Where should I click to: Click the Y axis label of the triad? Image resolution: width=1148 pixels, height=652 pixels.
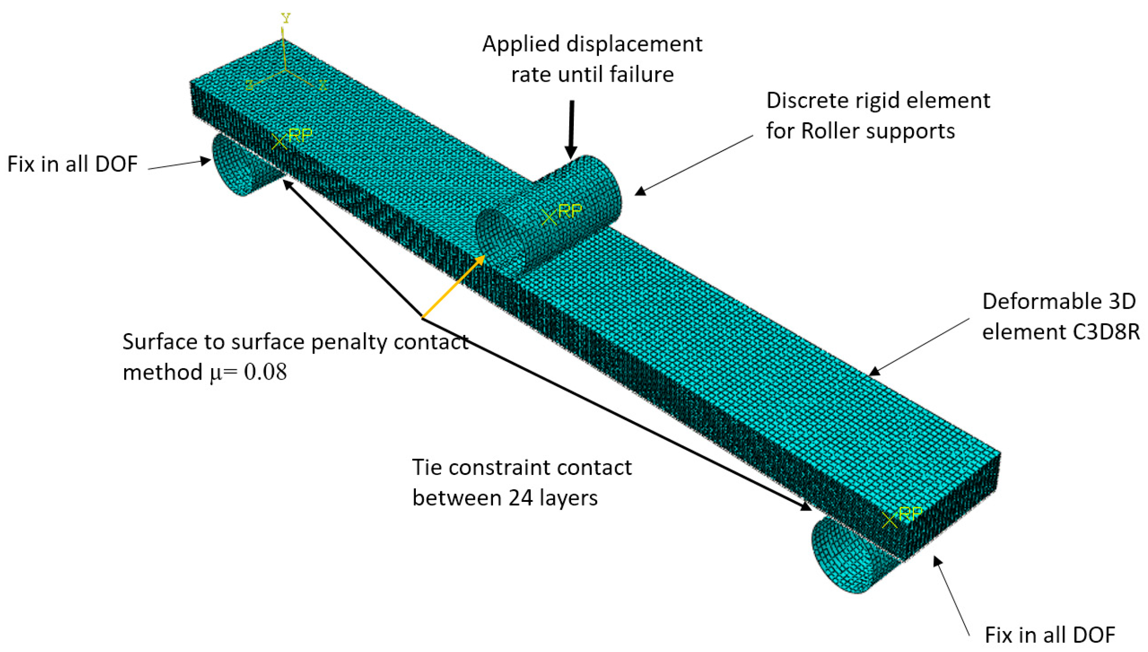286,18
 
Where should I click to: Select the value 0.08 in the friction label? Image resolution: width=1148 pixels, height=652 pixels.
265,372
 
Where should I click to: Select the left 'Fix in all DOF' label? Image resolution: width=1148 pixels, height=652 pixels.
72,164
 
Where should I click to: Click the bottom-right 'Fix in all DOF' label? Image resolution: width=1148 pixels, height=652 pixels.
1050,635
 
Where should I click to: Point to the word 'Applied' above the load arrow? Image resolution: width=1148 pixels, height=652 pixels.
521,44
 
